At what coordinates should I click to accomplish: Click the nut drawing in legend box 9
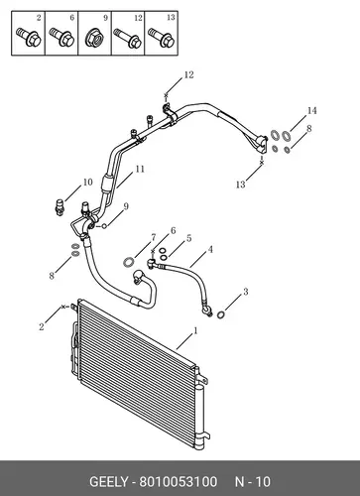pos(94,39)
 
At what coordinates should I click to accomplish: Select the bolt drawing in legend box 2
pos(28,37)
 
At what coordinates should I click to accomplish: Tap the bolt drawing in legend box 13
pos(161,37)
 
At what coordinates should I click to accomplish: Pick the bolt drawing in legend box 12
pos(128,38)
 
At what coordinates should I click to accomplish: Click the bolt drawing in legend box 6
pos(61,37)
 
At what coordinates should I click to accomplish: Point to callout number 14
pos(311,111)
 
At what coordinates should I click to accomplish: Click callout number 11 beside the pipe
pos(140,169)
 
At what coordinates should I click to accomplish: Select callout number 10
pos(87,183)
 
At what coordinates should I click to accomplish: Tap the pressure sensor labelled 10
pos(60,207)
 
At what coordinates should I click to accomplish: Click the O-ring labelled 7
pos(128,263)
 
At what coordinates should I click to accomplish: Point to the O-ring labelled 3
pos(221,315)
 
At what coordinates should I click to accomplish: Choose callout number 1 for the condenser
pos(195,330)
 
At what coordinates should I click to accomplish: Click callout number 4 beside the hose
pos(210,250)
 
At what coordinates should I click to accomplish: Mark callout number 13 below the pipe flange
pos(240,185)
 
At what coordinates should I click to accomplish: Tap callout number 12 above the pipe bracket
pos(188,75)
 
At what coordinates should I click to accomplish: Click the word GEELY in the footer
pos(108,481)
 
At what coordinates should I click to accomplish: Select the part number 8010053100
pos(178,481)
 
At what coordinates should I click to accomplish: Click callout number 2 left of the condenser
pos(42,327)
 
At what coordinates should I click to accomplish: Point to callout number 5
pos(188,238)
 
